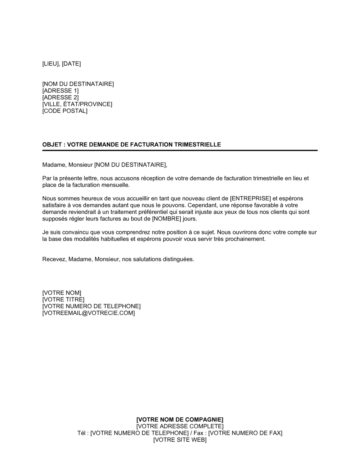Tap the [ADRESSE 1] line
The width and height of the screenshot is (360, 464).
pyautogui.click(x=60, y=91)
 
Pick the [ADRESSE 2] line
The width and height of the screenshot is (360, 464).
pyautogui.click(x=60, y=97)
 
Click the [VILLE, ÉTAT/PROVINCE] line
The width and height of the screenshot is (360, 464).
pyautogui.click(x=77, y=104)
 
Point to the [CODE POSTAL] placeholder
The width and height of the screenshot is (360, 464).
pyautogui.click(x=65, y=111)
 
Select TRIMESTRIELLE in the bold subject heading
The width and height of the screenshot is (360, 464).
pyautogui.click(x=198, y=145)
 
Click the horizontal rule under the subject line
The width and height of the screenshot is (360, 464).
pyautogui.click(x=180, y=150)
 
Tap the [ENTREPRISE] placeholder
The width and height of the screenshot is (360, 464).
pyautogui.click(x=250, y=199)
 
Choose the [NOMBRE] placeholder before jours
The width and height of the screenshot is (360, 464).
pyautogui.click(x=166, y=219)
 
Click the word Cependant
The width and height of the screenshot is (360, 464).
pyautogui.click(x=203, y=205)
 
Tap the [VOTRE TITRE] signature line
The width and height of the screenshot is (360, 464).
pyautogui.click(x=63, y=300)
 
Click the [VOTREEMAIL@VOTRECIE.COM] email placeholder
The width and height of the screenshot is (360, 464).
pyautogui.click(x=89, y=313)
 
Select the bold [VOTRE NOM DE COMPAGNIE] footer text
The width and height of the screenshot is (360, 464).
pyautogui.click(x=180, y=420)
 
